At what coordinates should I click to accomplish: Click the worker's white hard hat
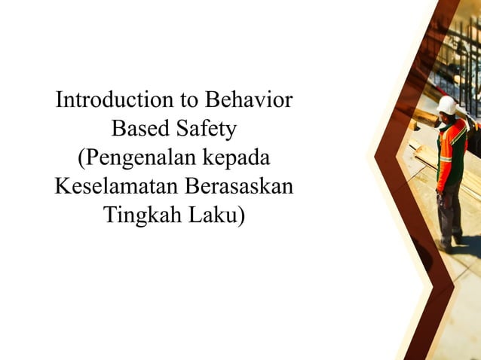[x=447, y=105]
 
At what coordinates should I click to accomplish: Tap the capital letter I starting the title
[x=60, y=101]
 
